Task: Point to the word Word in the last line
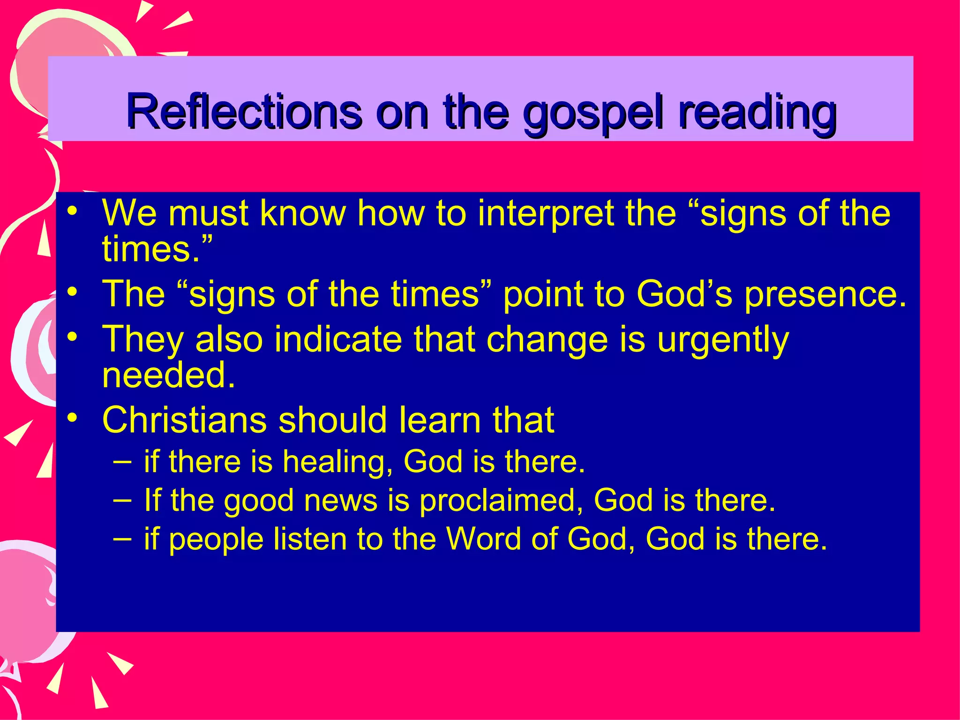[x=483, y=539]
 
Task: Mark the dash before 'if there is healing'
[x=122, y=462]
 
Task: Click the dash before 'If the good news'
[x=122, y=501]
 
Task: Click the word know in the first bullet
[x=303, y=214]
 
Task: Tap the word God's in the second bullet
[x=684, y=294]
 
